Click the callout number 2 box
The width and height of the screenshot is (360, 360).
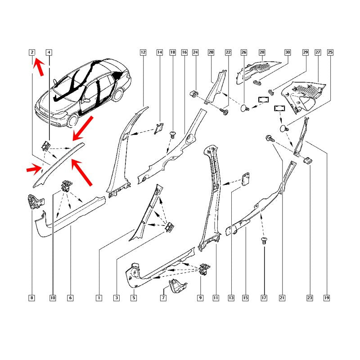pyautogui.click(x=32, y=52)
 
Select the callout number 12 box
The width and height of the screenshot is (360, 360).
pyautogui.click(x=143, y=52)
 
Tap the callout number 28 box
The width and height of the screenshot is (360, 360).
pyautogui.click(x=262, y=52)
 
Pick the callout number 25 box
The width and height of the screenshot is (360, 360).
pyautogui.click(x=330, y=52)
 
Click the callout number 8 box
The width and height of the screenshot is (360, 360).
pyautogui.click(x=31, y=298)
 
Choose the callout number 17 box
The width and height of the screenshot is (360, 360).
pyautogui.click(x=264, y=298)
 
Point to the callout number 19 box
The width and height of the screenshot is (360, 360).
pyautogui.click(x=327, y=298)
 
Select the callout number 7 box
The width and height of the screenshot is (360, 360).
pyautogui.click(x=163, y=298)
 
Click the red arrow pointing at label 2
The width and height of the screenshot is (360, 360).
pyautogui.click(x=38, y=67)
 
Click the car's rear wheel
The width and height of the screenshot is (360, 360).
pyautogui.click(x=118, y=94)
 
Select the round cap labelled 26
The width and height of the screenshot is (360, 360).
pyautogui.click(x=245, y=108)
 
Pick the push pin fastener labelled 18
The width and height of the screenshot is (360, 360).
pyautogui.click(x=173, y=134)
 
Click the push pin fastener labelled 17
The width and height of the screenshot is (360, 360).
pyautogui.click(x=264, y=241)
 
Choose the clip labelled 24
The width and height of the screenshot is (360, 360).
pyautogui.click(x=194, y=94)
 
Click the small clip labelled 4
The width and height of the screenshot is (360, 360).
pyautogui.click(x=46, y=145)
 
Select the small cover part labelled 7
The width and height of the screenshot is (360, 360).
pyautogui.click(x=177, y=286)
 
